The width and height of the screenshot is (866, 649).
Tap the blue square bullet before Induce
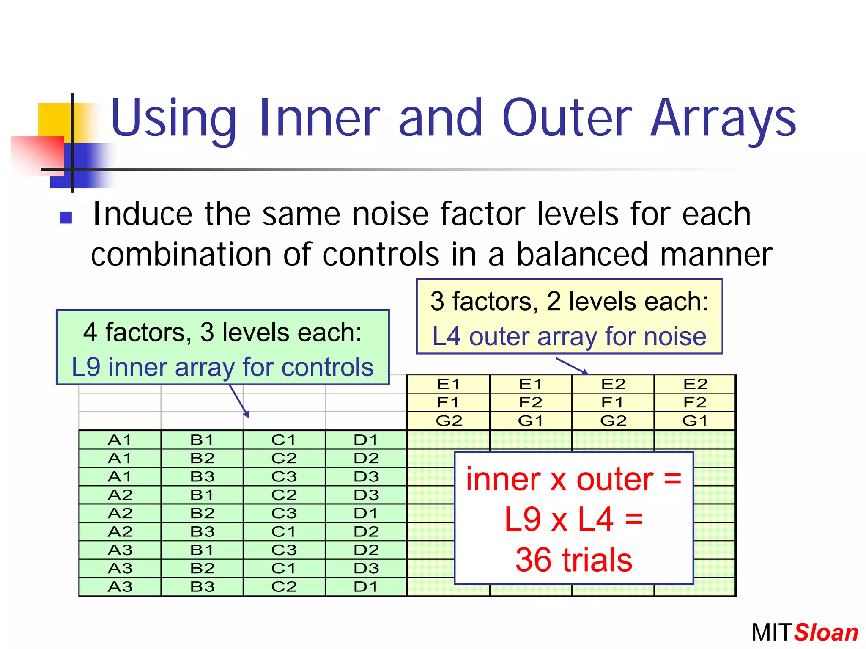pyautogui.click(x=66, y=217)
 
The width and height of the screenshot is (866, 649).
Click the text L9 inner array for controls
pyautogui.click(x=222, y=367)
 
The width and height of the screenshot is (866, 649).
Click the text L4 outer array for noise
pyautogui.click(x=569, y=337)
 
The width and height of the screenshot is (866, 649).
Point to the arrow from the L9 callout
pyautogui.click(x=239, y=401)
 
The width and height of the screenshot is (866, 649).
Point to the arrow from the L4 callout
pyautogui.click(x=572, y=366)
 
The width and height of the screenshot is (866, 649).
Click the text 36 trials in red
pyautogui.click(x=573, y=560)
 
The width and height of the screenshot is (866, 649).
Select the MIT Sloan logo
pyautogui.click(x=804, y=632)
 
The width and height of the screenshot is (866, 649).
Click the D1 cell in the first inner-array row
pyautogui.click(x=366, y=440)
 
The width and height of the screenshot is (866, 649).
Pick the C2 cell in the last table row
pyautogui.click(x=284, y=587)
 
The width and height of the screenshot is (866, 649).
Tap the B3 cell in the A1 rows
pyautogui.click(x=202, y=477)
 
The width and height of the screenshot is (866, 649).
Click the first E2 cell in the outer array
pyautogui.click(x=613, y=384)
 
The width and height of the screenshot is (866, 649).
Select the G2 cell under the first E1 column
pyautogui.click(x=448, y=421)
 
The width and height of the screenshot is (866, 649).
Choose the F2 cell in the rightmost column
pyautogui.click(x=695, y=402)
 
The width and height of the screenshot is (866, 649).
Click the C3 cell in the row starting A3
pyautogui.click(x=284, y=550)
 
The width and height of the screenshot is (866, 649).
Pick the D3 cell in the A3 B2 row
pyautogui.click(x=366, y=568)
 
